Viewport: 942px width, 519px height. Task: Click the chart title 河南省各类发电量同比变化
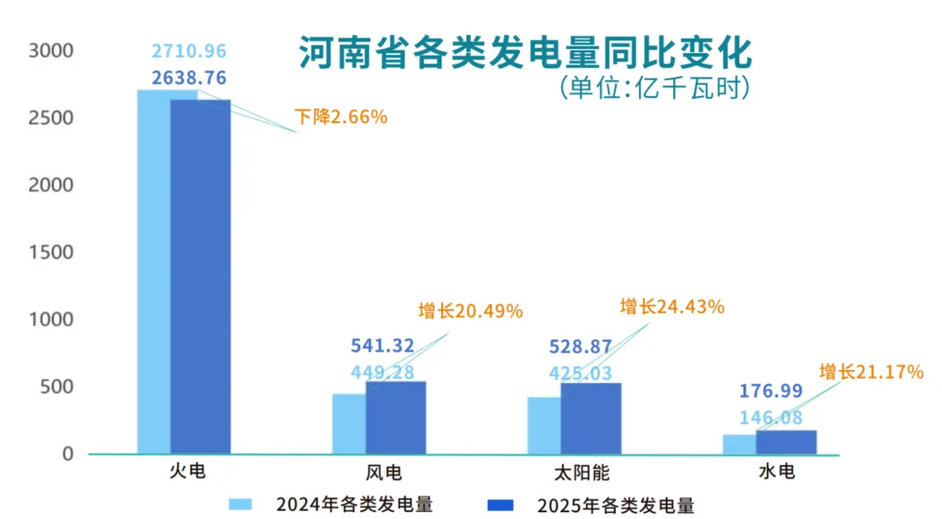pos(524,53)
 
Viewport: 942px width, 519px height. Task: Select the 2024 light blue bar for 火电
pos(154,270)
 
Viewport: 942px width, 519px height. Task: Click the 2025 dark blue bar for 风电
pos(396,418)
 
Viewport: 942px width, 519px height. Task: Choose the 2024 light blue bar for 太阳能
pos(543,426)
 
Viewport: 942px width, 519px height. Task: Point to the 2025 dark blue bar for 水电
pos(787,442)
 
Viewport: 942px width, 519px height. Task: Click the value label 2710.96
pos(188,51)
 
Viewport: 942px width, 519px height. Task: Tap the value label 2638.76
pos(188,78)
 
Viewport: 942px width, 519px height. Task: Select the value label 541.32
pos(382,346)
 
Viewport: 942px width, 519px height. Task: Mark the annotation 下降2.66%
pos(340,116)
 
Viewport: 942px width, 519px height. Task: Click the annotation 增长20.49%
pos(470,311)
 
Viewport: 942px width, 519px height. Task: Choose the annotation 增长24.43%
pos(672,306)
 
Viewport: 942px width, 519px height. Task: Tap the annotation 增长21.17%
pos(870,372)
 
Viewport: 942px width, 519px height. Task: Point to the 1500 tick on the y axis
pos(51,253)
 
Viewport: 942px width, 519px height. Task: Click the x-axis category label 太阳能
pos(582,474)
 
